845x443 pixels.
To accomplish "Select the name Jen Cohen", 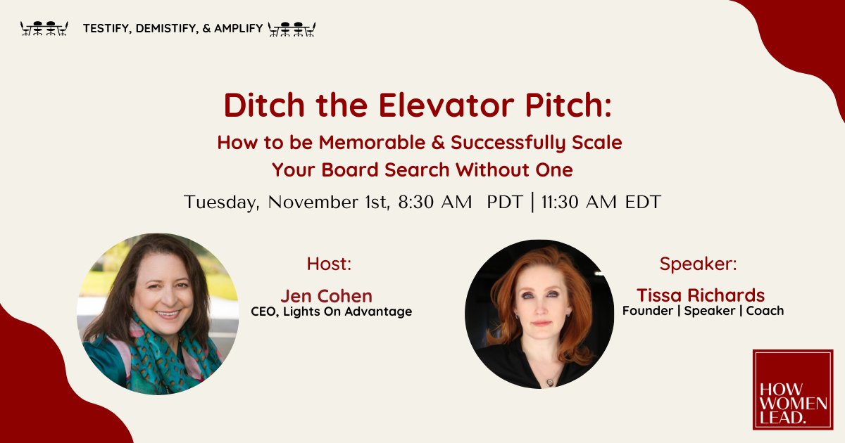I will click(326, 295).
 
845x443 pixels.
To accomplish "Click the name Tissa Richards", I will click(701, 295).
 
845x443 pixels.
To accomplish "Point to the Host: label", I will click(329, 264).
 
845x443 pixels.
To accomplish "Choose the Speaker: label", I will click(698, 264).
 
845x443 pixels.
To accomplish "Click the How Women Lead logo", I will click(792, 390).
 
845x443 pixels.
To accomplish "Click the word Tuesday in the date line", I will click(220, 203).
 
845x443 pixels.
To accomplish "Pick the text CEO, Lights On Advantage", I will click(331, 311).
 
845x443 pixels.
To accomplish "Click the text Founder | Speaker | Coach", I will click(703, 310).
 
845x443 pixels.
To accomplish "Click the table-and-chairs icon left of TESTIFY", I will click(44, 29).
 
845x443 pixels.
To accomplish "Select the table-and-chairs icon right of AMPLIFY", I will click(292, 29).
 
